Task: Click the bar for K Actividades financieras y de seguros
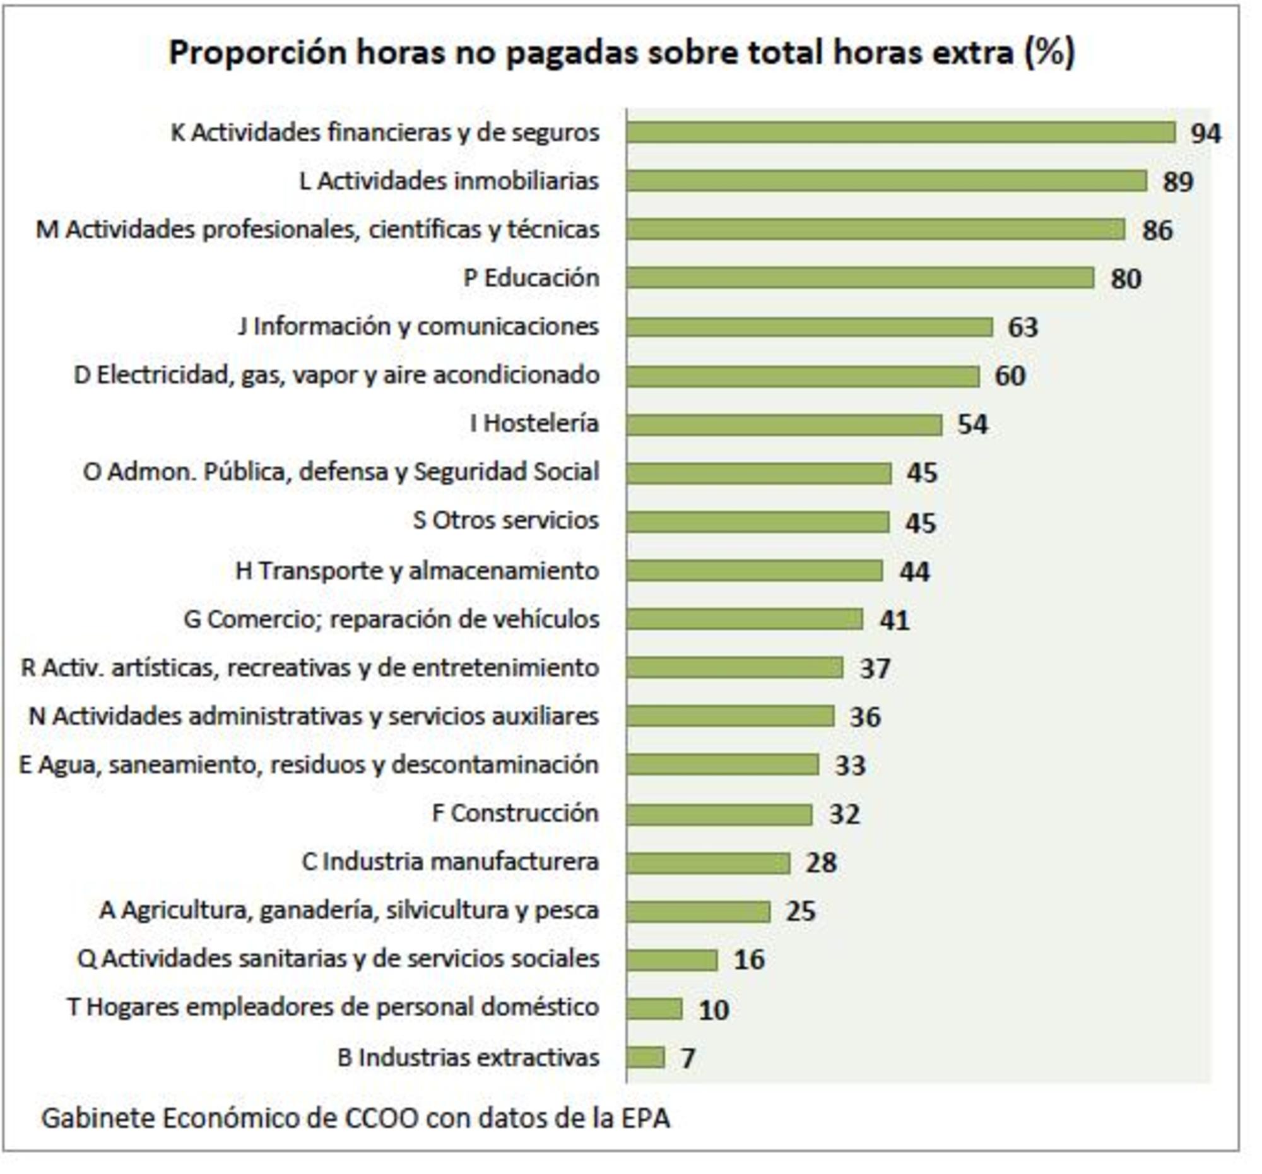click(x=900, y=133)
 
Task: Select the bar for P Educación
click(x=859, y=278)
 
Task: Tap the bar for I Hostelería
click(x=783, y=425)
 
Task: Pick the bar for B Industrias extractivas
click(x=645, y=1057)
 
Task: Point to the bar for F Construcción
click(x=719, y=815)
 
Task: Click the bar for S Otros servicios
click(x=757, y=522)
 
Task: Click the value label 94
click(x=1205, y=134)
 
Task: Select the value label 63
click(x=1023, y=328)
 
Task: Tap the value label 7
click(x=688, y=1058)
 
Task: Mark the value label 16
click(x=749, y=959)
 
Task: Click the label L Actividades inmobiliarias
click(x=449, y=182)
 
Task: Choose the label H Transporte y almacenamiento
click(x=417, y=571)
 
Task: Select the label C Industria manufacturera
click(x=450, y=862)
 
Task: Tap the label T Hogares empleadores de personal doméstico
click(x=333, y=1007)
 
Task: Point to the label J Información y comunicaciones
click(x=418, y=326)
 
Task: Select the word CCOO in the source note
click(x=382, y=1118)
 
